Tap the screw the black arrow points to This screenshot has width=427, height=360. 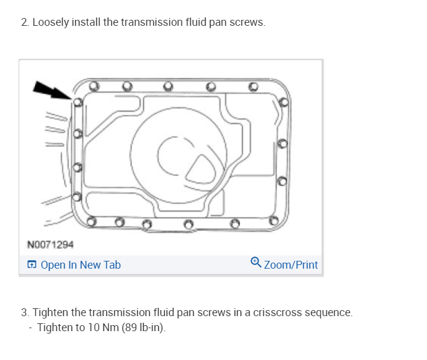[x=77, y=102]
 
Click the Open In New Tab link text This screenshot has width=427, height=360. [x=81, y=264]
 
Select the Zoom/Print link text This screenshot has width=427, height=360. [x=290, y=264]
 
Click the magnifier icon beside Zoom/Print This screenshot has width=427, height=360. [x=256, y=263]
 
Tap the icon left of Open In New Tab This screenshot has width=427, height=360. [x=31, y=264]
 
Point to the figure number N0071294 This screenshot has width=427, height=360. [x=51, y=245]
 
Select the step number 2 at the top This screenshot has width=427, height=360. [x=24, y=22]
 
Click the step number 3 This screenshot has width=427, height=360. [x=24, y=313]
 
